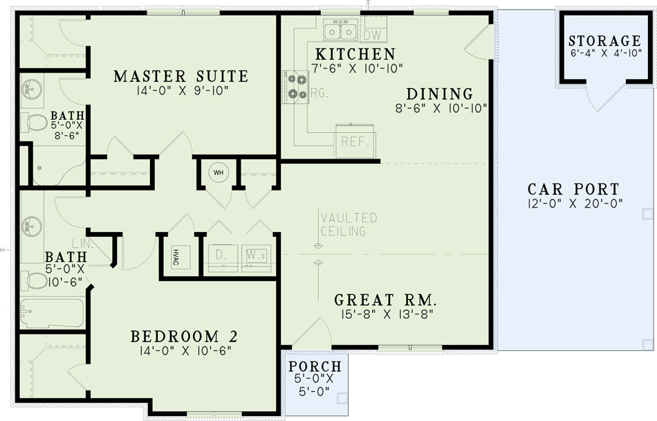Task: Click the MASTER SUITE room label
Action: tap(181, 76)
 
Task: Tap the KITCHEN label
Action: tap(355, 54)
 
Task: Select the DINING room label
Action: tap(440, 93)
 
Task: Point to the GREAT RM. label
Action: tap(385, 300)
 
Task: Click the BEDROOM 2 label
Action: tap(185, 337)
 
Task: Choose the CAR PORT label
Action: tap(573, 189)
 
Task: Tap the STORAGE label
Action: tap(605, 41)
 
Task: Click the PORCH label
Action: tap(315, 366)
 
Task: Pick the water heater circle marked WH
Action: tap(219, 172)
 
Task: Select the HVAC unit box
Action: tap(181, 258)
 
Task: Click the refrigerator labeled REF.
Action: tap(355, 141)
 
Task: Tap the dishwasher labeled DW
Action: tap(373, 30)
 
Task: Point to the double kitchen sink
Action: tap(341, 29)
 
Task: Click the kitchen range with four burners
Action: tap(296, 87)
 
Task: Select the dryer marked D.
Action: tap(223, 258)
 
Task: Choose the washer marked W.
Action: tap(256, 258)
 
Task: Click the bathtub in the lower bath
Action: tap(52, 313)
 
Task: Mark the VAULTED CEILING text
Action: tap(349, 224)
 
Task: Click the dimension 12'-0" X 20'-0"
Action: tap(575, 204)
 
